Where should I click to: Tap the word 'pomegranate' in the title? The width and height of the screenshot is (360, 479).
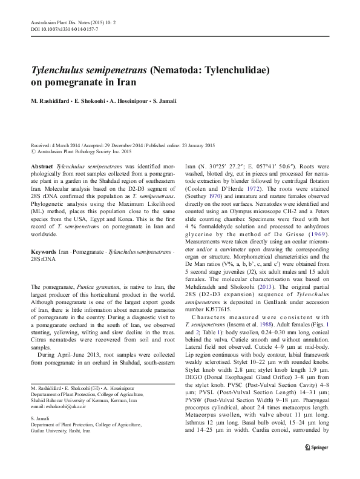click(70, 82)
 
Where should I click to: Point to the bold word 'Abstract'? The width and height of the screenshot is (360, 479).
click(41, 165)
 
